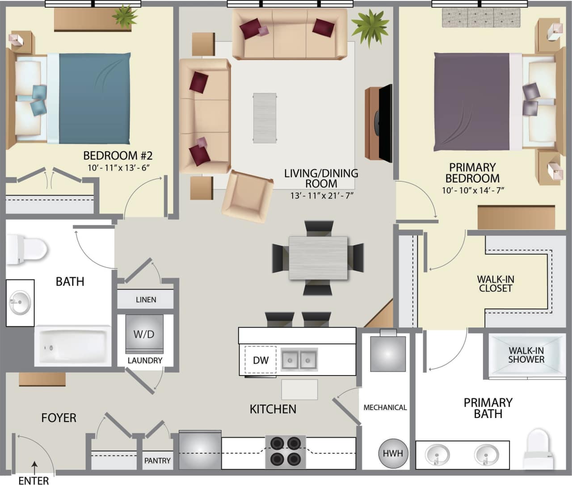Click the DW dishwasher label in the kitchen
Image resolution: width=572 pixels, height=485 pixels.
point(261,360)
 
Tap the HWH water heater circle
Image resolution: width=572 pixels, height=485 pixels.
point(393,453)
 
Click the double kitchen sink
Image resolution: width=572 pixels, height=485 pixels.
point(299,360)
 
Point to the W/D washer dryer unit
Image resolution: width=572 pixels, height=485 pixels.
point(144,334)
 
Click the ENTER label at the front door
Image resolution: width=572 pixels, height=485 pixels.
point(34,481)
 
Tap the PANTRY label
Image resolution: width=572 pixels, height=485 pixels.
point(157,460)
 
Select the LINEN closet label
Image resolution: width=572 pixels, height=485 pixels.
point(146,300)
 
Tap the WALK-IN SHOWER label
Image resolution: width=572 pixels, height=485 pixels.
point(526,355)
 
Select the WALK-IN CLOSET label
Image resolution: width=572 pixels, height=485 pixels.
point(496,284)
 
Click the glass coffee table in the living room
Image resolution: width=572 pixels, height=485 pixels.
point(265,118)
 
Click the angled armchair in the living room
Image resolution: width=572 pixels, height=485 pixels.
point(248,196)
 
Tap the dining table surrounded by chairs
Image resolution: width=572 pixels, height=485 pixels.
point(318,258)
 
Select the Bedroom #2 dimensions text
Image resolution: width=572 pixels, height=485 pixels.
point(118,167)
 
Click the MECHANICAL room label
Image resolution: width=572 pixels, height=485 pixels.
point(385,407)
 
